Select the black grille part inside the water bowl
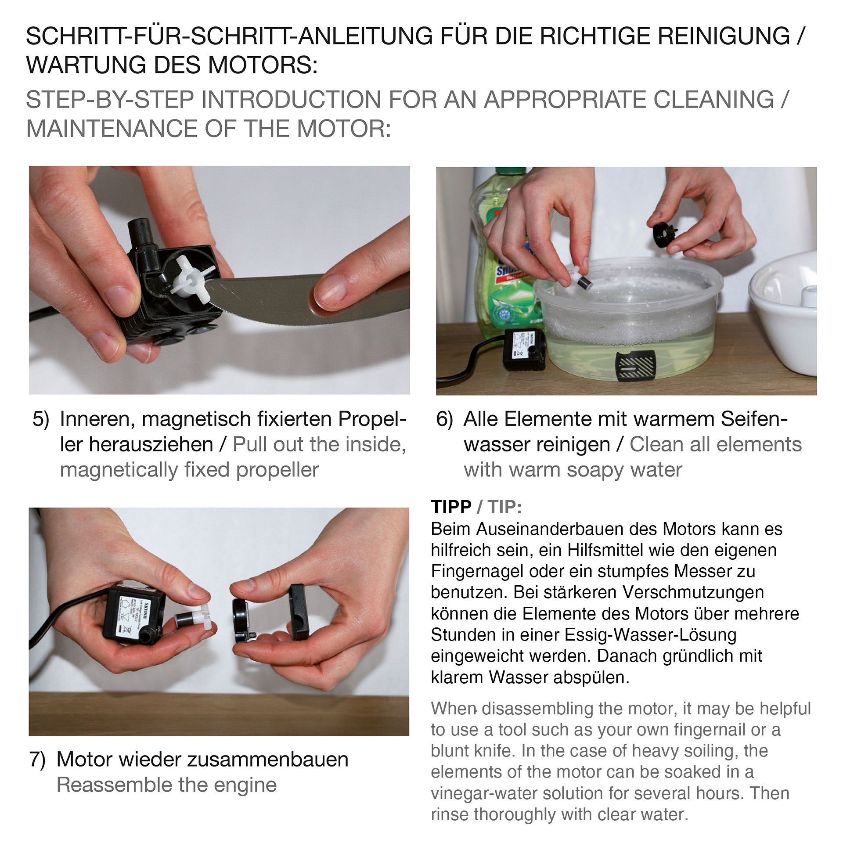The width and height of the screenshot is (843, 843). [x=635, y=365]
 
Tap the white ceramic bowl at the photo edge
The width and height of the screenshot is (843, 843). [x=786, y=316]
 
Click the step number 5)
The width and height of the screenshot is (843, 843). [x=41, y=419]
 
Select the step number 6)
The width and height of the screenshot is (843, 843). [x=444, y=419]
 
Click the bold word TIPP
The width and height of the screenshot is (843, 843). [x=451, y=507]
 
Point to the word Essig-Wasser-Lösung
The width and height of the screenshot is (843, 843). [x=650, y=635]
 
